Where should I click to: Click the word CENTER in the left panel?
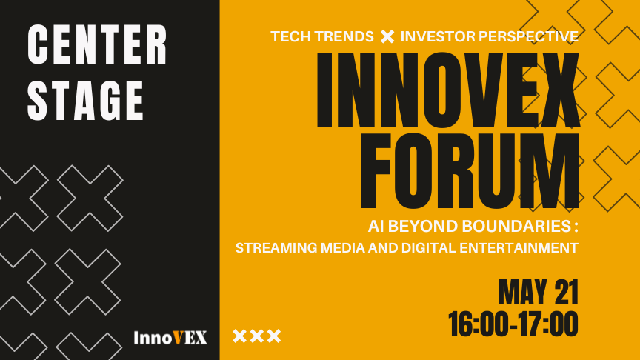pos(98,45)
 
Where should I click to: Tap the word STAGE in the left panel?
pos(86,99)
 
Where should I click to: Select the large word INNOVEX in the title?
pos(447,91)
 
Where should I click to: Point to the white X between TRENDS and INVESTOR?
pos(387,36)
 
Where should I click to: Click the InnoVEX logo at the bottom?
pos(170,338)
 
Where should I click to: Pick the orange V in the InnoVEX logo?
pos(180,338)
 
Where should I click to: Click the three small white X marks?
pos(257,336)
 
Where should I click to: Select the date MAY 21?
pos(538,293)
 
